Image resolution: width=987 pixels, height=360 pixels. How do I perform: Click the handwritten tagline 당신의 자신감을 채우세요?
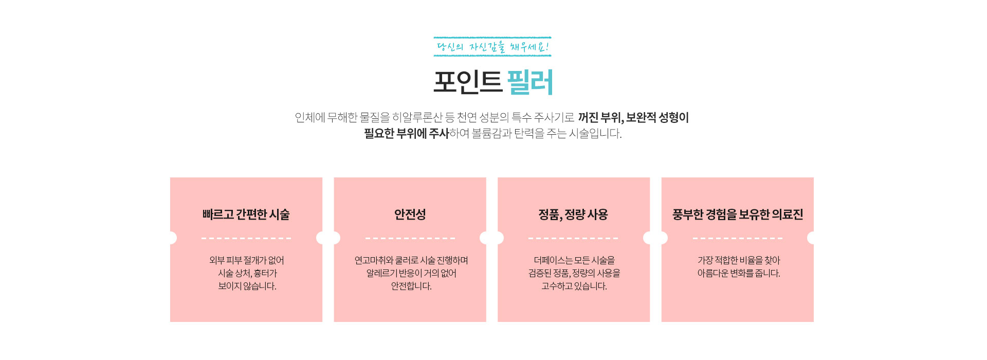pyautogui.click(x=492, y=47)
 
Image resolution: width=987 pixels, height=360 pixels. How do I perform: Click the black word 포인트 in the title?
pyautogui.click(x=467, y=82)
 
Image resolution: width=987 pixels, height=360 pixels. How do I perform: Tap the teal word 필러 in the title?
pyautogui.click(x=530, y=82)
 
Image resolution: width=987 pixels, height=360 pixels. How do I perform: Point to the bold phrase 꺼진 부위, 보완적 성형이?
pyautogui.click(x=633, y=118)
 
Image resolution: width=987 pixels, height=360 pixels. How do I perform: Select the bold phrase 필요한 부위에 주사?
pyautogui.click(x=407, y=134)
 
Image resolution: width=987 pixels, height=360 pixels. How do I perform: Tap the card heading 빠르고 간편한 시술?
pyautogui.click(x=246, y=214)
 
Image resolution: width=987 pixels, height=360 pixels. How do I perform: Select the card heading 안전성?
pyautogui.click(x=410, y=214)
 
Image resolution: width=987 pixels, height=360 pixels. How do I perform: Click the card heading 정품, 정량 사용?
pyautogui.click(x=573, y=214)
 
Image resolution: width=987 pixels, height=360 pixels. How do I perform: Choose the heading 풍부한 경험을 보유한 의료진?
pyautogui.click(x=738, y=214)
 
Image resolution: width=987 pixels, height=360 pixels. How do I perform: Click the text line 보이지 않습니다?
pyautogui.click(x=247, y=286)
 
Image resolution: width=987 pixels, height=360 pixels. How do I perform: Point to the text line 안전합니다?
pyautogui.click(x=411, y=286)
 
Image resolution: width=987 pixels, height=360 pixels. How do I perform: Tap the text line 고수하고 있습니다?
pyautogui.click(x=574, y=286)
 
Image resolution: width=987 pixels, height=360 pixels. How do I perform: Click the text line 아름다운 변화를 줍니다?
pyautogui.click(x=739, y=274)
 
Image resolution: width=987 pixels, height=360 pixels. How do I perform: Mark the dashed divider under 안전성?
pyautogui.click(x=410, y=239)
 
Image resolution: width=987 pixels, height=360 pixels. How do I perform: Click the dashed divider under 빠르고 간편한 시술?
pyautogui.click(x=246, y=239)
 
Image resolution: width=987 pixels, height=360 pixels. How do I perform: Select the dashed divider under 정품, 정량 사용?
pyautogui.click(x=573, y=239)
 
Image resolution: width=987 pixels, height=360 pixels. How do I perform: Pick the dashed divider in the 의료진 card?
pyautogui.click(x=738, y=239)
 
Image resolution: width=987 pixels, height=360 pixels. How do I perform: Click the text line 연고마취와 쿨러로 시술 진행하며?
pyautogui.click(x=411, y=261)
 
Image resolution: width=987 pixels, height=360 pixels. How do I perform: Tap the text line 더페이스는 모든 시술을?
pyautogui.click(x=574, y=261)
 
